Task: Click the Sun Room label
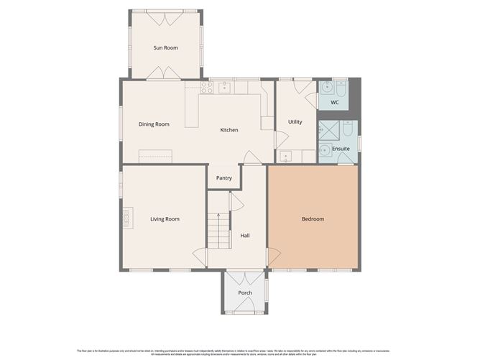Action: pos(165,48)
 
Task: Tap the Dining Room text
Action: pos(154,124)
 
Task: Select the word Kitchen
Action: pos(229,130)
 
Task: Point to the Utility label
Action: pos(295,122)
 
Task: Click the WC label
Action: pos(334,103)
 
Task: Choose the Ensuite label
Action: pos(341,149)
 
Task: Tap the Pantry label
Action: pos(224,177)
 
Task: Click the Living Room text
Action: pos(165,219)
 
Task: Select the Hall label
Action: pos(245,236)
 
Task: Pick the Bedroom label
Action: pos(313,219)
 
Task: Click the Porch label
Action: pos(245,293)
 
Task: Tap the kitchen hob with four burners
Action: pos(207,88)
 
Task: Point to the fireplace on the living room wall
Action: pos(127,216)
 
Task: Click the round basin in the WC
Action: pos(328,88)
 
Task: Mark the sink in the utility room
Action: pos(287,155)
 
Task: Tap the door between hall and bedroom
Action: pos(272,256)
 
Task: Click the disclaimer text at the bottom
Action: pos(240,352)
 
